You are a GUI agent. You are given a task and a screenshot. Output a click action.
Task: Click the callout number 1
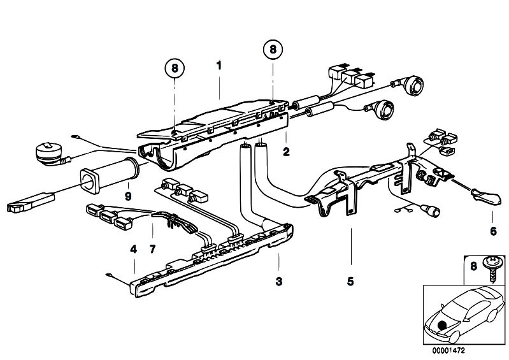[219, 65]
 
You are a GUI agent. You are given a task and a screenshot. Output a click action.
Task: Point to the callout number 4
[134, 249]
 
